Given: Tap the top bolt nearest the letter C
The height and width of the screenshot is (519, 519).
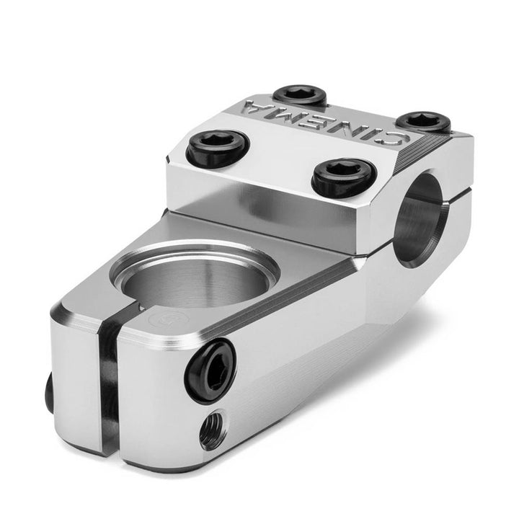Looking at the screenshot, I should tap(423, 123).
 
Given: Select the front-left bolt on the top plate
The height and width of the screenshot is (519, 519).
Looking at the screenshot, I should tap(218, 146).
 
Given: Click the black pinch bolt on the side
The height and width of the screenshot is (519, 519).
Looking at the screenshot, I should tap(210, 371).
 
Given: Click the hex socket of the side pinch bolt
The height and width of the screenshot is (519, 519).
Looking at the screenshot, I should tap(211, 372).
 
